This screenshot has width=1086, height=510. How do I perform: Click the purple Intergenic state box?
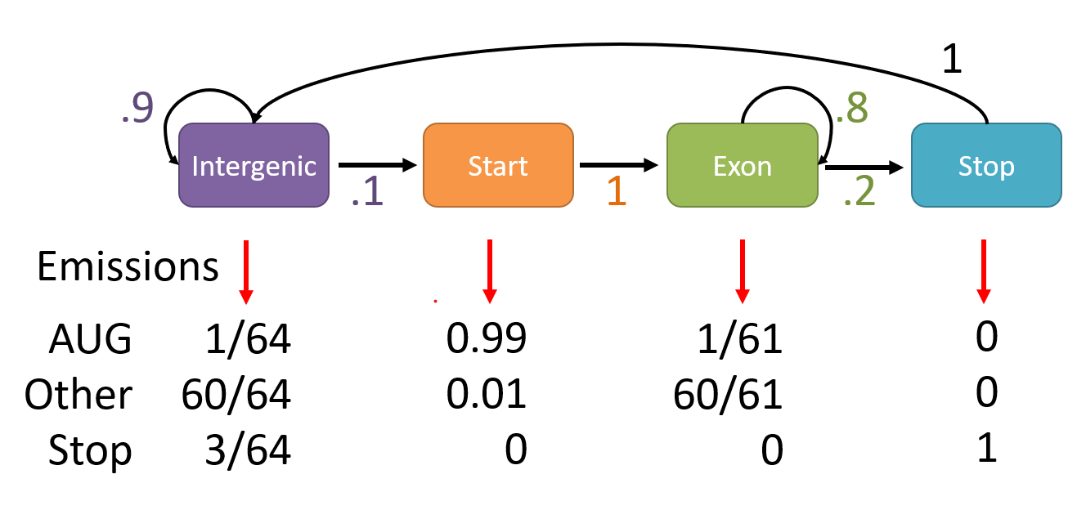254,164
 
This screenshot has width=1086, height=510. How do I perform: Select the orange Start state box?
497,164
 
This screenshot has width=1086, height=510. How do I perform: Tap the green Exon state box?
742,164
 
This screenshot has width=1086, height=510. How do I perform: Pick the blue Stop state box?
986,164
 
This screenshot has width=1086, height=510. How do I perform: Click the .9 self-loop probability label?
137,109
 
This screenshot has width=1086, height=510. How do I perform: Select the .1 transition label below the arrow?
367,193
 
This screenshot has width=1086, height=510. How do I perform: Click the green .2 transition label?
859,193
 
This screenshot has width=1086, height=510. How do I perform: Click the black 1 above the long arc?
952,60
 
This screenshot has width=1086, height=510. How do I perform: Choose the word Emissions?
128,267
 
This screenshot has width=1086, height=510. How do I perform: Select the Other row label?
79,396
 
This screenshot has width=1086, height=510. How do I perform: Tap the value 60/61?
728,396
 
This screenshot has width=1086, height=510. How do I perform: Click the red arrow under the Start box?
489,271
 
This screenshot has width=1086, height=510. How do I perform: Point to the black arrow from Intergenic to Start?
377,165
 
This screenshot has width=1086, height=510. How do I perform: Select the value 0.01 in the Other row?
487,396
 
